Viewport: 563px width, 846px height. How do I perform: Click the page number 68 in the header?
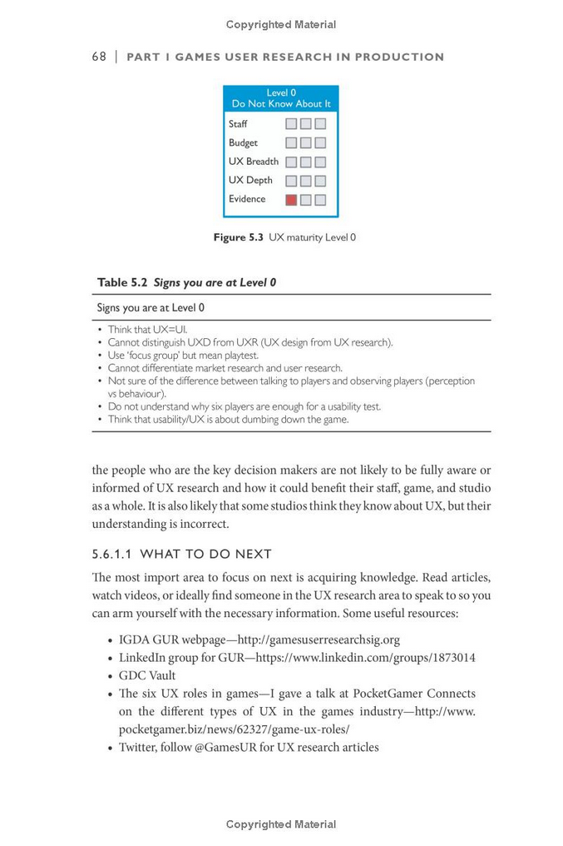tap(99, 57)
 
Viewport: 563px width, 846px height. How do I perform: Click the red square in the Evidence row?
tap(291, 200)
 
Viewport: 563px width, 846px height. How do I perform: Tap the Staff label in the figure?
tap(238, 124)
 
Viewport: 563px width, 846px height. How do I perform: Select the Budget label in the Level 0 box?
tap(243, 143)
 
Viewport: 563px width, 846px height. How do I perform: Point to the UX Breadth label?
tap(254, 162)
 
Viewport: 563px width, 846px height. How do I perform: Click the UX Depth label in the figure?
tap(250, 180)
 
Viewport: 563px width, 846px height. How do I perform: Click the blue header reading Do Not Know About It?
tap(281, 104)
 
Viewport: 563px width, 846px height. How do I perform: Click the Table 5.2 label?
tap(122, 282)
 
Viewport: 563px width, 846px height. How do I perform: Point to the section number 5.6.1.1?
tap(112, 554)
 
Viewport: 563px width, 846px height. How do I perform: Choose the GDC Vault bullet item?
tap(147, 675)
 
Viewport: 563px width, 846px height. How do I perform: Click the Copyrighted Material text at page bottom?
tap(281, 824)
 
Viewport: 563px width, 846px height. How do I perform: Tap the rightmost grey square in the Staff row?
tap(320, 124)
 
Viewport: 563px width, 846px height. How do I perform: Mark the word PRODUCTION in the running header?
tap(399, 57)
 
